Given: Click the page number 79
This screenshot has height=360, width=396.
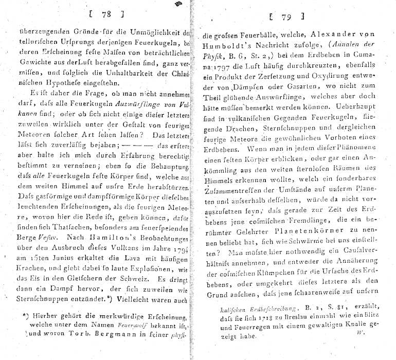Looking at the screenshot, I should [286, 18].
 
